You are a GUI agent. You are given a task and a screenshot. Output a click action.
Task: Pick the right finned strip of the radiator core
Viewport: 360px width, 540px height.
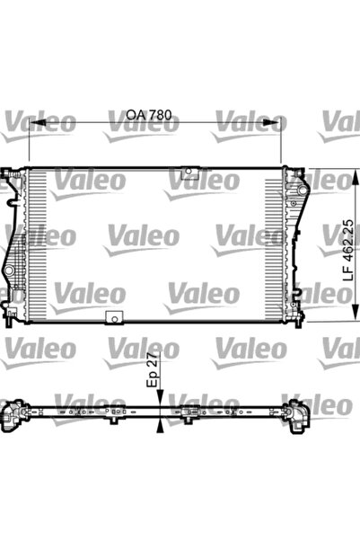(x=273, y=243)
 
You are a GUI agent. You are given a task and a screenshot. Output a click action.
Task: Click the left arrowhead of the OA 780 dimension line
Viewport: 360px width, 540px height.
(x=34, y=123)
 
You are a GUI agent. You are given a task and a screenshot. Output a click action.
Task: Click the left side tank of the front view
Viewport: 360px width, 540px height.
(x=14, y=243)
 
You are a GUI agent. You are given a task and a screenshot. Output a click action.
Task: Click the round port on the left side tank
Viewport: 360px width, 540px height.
(x=9, y=270)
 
